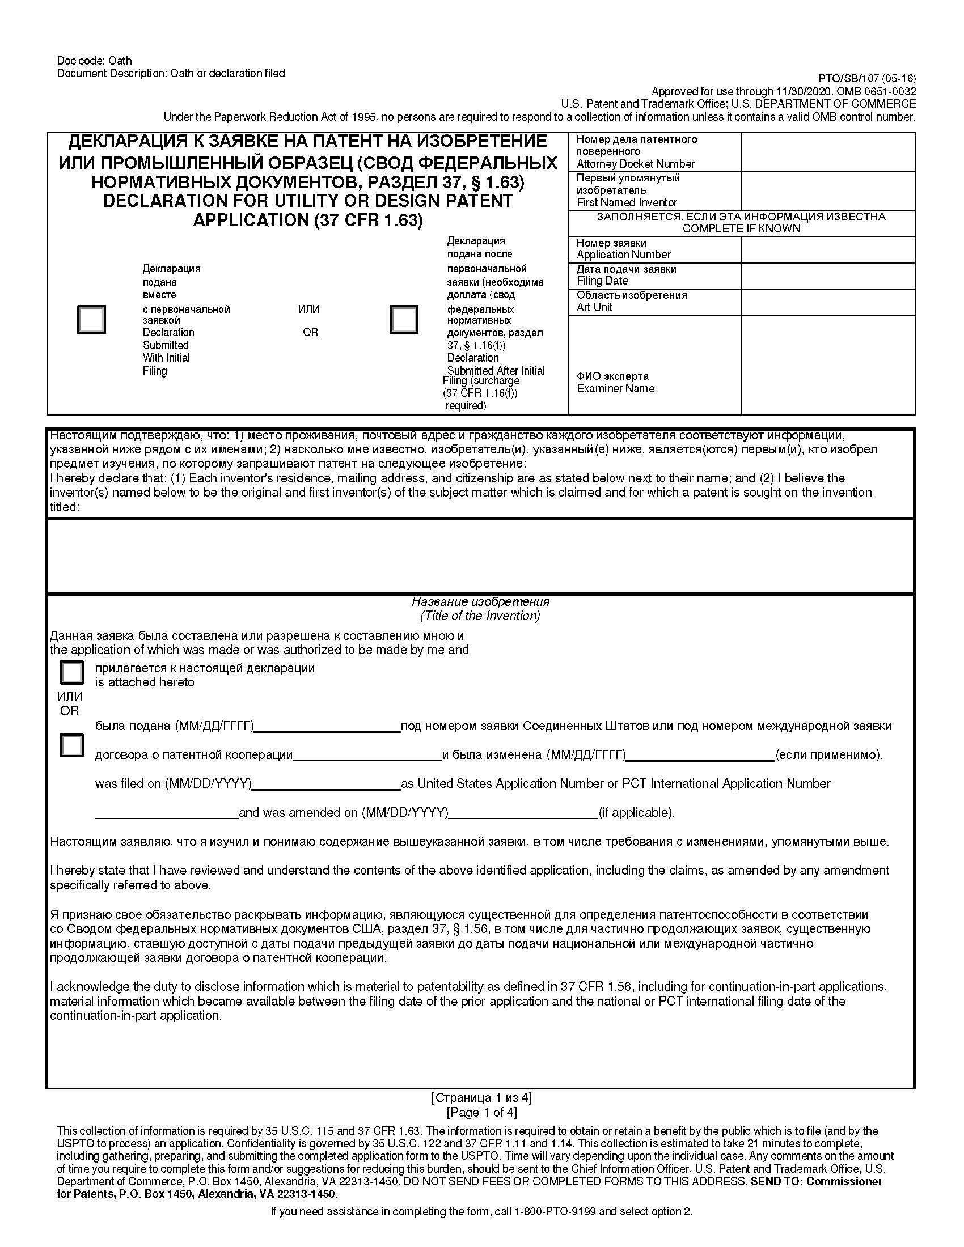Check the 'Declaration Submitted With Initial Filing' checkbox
[x=91, y=319]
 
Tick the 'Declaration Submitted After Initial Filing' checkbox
[x=404, y=319]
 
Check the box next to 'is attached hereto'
[x=72, y=673]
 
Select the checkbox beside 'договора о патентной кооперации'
[x=72, y=745]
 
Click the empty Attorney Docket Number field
[x=827, y=152]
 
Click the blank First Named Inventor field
[x=827, y=190]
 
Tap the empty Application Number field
[x=827, y=249]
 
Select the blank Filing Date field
[x=827, y=275]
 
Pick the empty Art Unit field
[x=827, y=302]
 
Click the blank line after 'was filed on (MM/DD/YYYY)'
[x=326, y=784]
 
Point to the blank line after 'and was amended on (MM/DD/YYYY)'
[x=523, y=813]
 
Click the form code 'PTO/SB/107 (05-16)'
[x=867, y=79]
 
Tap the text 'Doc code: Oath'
[x=94, y=61]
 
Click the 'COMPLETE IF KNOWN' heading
[x=741, y=228]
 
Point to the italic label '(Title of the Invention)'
[x=480, y=616]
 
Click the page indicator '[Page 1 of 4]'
[x=481, y=1112]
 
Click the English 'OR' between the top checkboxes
[x=310, y=332]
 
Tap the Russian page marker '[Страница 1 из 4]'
[x=481, y=1097]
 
